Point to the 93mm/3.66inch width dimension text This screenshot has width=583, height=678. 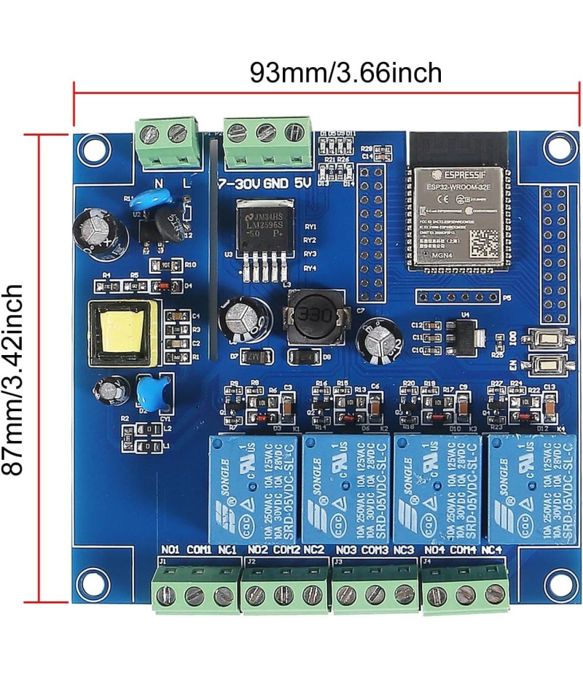tap(345, 73)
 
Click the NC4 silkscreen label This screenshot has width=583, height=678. tap(493, 549)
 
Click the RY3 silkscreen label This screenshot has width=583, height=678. tap(310, 254)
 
